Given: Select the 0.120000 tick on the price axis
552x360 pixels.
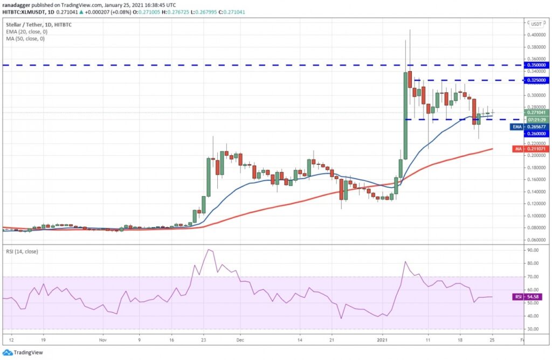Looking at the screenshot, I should click(537, 204).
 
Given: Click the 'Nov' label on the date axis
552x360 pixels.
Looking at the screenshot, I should click(104, 341).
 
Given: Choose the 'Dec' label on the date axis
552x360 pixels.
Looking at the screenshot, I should click(240, 341).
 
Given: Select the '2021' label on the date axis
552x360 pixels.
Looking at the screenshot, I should click(382, 341).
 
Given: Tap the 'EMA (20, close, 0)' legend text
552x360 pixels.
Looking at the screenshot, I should click(25, 32).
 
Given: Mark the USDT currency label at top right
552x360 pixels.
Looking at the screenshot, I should click(536, 24).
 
